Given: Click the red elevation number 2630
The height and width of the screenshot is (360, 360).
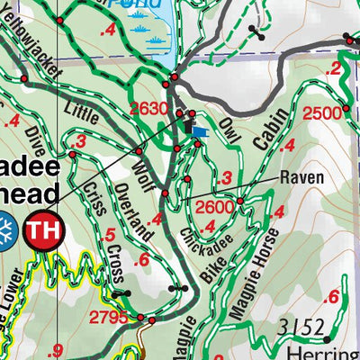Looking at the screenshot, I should (149, 109).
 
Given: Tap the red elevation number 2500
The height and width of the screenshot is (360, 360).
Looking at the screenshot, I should (322, 112).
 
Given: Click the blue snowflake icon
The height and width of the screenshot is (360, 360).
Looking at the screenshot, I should (6, 230).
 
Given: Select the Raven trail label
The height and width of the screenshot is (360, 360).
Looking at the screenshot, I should (301, 177).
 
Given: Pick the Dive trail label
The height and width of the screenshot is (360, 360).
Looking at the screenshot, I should (35, 145).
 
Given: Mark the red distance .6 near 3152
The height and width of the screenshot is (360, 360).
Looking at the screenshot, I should (333, 298).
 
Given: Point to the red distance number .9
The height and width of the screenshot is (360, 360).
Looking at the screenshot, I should (59, 351).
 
